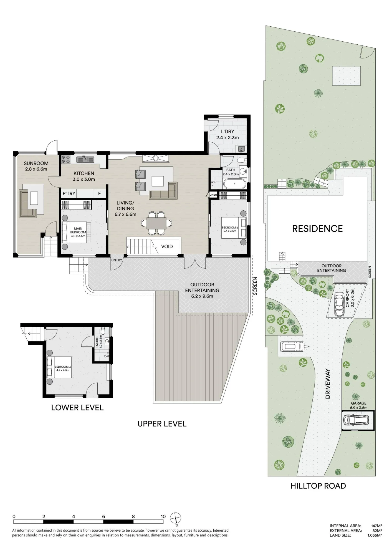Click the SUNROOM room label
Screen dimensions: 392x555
pos(36,163)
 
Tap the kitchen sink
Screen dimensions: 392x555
pos(85,159)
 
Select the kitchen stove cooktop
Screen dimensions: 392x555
pos(66,159)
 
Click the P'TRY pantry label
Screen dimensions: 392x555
pos(69,193)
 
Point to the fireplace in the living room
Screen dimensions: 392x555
pos(156,158)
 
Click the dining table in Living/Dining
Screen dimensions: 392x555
pos(156,223)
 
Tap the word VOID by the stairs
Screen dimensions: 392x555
pos(167,246)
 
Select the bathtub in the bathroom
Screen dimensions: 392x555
pos(235,184)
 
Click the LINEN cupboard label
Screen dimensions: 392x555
pos(213,195)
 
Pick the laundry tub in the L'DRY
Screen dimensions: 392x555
pos(241,149)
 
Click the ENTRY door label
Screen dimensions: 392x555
pos(117,260)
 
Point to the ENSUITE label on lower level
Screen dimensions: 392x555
pos(97,342)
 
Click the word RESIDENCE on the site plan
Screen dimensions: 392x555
pos(317,229)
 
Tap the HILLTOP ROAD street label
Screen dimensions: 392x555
pos(318,486)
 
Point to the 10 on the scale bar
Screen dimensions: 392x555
pos(163,516)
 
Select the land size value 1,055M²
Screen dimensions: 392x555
pos(375,535)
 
